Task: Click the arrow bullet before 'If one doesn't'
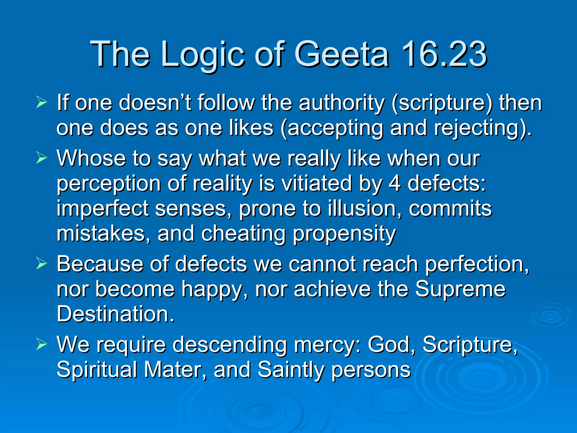tap(41, 103)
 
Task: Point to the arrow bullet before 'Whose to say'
tap(41, 158)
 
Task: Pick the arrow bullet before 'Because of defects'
tap(41, 264)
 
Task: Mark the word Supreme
tap(460, 289)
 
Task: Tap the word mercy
tap(325, 345)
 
